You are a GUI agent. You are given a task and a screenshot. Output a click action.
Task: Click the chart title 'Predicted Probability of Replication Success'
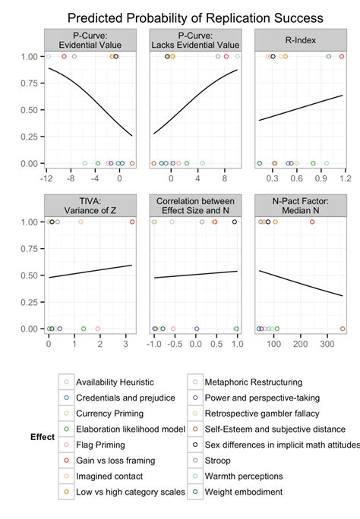tap(195, 17)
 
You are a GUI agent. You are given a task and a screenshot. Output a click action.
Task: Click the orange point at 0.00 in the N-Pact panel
tap(343, 329)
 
